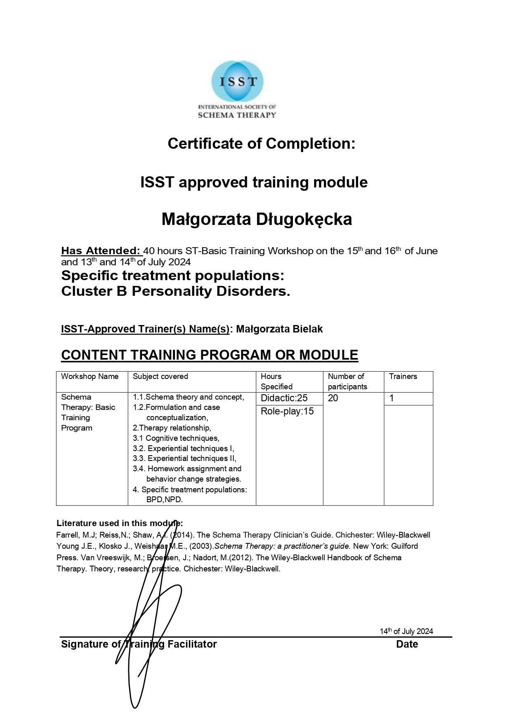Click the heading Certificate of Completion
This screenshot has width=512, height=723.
(x=261, y=143)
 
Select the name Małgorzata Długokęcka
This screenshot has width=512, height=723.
(x=257, y=219)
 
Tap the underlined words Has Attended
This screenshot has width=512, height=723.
(x=101, y=250)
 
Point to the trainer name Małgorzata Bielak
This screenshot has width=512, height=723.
(x=279, y=329)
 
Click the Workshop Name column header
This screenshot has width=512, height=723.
(x=90, y=376)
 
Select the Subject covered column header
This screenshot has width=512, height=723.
(x=160, y=376)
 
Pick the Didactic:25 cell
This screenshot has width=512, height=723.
(x=284, y=398)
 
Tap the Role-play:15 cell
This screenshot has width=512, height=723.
(x=287, y=411)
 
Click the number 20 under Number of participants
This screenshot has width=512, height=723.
(x=333, y=398)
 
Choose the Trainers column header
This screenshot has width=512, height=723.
(x=403, y=376)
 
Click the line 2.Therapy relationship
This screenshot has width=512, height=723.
(x=172, y=428)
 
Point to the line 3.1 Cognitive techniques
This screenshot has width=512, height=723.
(x=176, y=438)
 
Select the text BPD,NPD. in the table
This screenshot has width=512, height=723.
(x=164, y=499)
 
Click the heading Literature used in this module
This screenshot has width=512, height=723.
(x=119, y=523)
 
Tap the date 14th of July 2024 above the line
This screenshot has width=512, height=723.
(x=406, y=631)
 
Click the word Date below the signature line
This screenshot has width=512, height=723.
(x=407, y=644)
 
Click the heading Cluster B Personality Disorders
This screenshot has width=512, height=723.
(x=175, y=291)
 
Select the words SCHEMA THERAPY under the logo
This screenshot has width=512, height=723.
(x=236, y=115)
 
